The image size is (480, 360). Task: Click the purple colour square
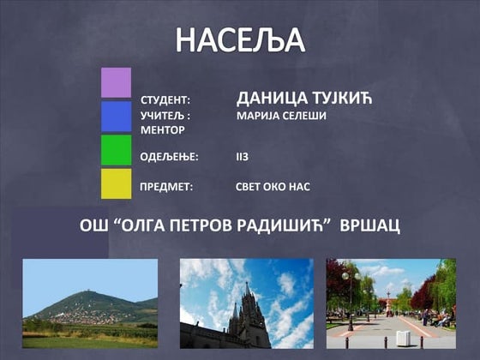point(116,83)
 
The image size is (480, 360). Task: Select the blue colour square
point(116,117)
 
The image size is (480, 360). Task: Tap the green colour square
point(116,150)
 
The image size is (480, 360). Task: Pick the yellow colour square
point(116,183)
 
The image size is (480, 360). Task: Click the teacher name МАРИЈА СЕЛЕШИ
point(281,115)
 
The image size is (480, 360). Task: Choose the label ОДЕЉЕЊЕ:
point(169,157)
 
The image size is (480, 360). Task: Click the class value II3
point(242,157)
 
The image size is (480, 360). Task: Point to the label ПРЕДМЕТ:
point(166,185)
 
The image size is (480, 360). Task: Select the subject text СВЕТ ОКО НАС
point(272,185)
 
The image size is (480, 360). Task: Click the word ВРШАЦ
point(370,226)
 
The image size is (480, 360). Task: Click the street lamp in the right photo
point(349,296)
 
